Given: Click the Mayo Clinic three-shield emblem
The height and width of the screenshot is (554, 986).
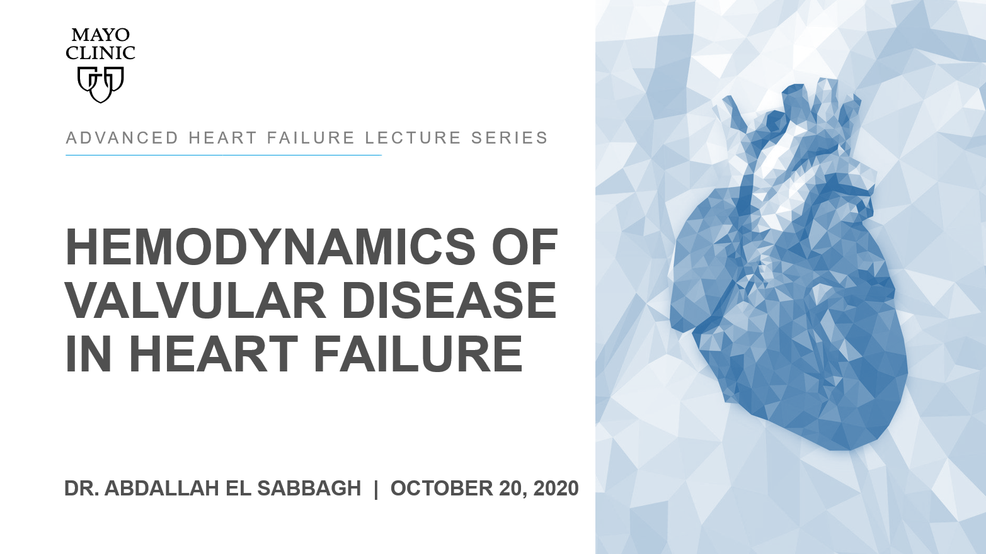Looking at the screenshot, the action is coord(100,84).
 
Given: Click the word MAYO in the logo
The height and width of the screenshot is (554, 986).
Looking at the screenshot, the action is coord(100,35).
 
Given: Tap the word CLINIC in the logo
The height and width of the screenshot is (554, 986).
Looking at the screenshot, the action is coord(100,54).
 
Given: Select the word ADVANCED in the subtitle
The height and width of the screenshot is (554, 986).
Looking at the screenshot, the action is coord(122,138).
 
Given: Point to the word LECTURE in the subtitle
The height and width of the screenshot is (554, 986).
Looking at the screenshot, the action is coord(413,138).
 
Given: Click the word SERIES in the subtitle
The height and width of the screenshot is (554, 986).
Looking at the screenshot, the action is coord(509,138).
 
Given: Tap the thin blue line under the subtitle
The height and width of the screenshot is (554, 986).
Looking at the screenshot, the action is coord(224,155).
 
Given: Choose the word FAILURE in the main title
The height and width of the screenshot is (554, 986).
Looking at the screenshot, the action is coord(417,353).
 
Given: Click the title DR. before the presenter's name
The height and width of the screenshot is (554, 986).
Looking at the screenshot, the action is coord(81,489).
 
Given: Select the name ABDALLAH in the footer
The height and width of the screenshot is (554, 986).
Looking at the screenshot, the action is coord(161,489).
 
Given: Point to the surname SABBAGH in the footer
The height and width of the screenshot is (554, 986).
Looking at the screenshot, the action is coord(309,489).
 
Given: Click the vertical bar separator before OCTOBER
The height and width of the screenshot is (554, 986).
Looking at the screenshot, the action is coord(375,489).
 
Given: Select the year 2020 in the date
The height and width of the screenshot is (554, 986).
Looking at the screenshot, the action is coord(556,489).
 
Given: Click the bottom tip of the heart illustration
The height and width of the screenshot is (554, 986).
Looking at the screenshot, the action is coord(847,450).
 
